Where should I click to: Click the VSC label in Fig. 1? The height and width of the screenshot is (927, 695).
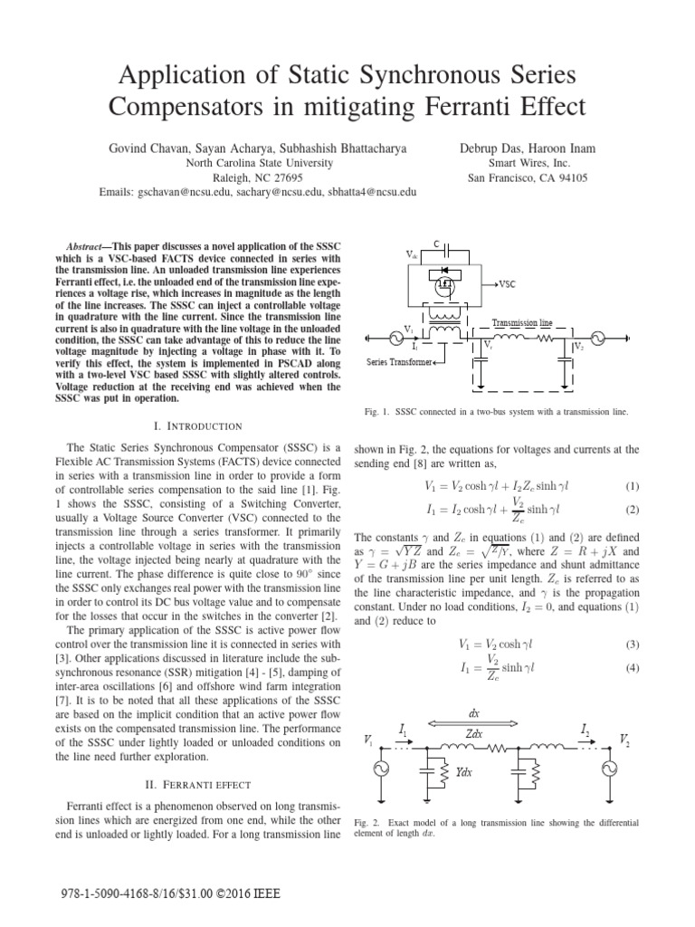pos(507,283)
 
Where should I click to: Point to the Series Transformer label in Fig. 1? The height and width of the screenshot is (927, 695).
pos(400,362)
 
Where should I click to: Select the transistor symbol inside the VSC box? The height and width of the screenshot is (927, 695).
pos(444,285)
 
